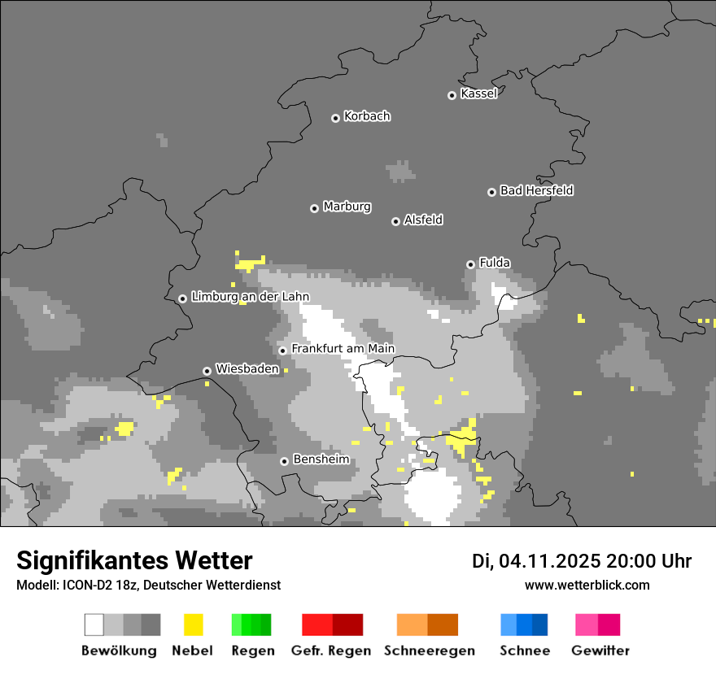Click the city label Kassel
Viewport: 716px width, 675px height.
click(478, 94)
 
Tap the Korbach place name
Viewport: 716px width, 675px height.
click(367, 116)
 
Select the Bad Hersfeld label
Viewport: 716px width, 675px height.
click(536, 190)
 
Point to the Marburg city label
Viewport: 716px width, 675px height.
click(347, 207)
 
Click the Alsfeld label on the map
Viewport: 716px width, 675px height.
click(423, 220)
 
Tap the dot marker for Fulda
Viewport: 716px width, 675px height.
click(470, 264)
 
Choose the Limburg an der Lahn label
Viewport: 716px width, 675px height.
click(250, 297)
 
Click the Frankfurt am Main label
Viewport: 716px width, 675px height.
click(343, 349)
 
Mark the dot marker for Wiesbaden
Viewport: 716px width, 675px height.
click(207, 371)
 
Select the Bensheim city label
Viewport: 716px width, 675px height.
click(321, 459)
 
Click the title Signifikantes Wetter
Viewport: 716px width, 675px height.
click(134, 560)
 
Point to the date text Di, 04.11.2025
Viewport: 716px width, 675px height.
click(536, 561)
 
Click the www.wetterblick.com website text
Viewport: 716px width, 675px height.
click(587, 585)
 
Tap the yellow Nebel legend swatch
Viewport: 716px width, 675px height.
click(193, 625)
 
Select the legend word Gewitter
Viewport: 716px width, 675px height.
click(600, 651)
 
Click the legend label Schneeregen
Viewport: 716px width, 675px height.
click(430, 651)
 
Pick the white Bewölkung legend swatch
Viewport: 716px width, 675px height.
click(94, 625)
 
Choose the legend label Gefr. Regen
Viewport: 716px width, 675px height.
click(331, 651)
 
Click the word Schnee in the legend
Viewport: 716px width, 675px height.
click(525, 651)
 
